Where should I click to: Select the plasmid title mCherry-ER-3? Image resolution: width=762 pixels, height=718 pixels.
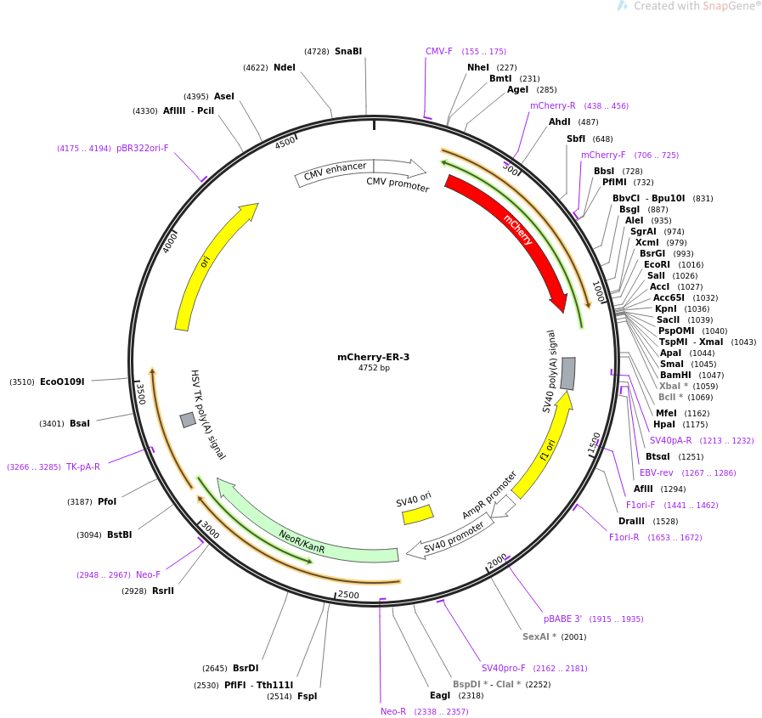pyautogui.click(x=373, y=357)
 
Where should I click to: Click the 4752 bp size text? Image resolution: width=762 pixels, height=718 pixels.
pyautogui.click(x=374, y=368)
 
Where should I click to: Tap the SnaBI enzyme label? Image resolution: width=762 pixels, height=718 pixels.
pyautogui.click(x=348, y=52)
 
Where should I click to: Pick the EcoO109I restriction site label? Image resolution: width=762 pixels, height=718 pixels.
pyautogui.click(x=62, y=382)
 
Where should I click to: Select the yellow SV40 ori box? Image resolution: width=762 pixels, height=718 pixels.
pyautogui.click(x=417, y=515)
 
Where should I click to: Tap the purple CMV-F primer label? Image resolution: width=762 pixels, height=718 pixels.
pyautogui.click(x=439, y=52)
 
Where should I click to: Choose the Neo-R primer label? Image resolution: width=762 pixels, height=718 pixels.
pyautogui.click(x=393, y=712)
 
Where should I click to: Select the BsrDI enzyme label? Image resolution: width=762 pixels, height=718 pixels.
pyautogui.click(x=246, y=669)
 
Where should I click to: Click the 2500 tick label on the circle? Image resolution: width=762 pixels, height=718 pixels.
pyautogui.click(x=348, y=595)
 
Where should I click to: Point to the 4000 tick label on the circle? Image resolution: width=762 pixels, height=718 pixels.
pyautogui.click(x=171, y=241)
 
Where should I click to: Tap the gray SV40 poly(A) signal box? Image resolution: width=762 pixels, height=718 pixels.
pyautogui.click(x=567, y=374)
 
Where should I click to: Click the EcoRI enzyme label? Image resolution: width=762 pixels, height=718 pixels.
pyautogui.click(x=657, y=265)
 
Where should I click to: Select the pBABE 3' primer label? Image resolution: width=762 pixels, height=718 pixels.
pyautogui.click(x=563, y=619)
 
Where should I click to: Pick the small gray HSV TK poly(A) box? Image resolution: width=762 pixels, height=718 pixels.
pyautogui.click(x=188, y=420)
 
